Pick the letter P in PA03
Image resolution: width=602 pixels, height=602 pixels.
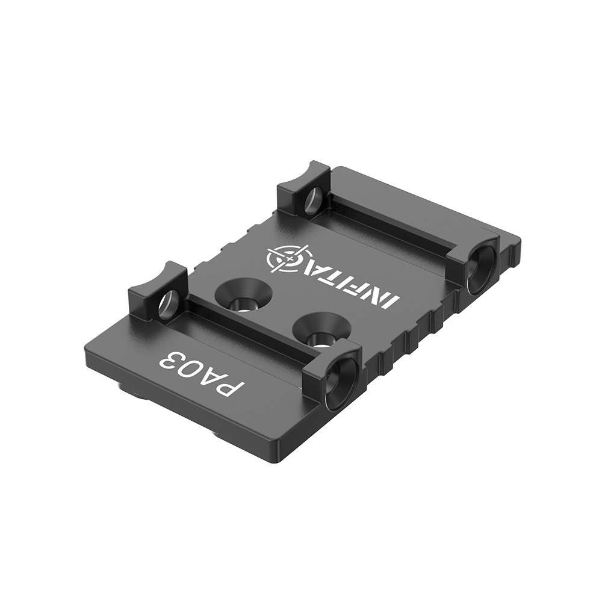(221, 386)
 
